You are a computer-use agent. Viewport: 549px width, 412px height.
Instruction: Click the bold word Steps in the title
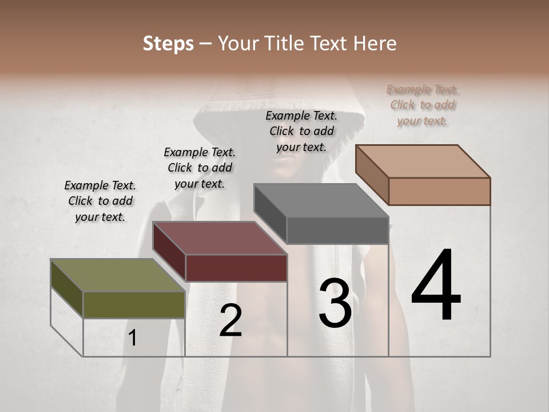168,43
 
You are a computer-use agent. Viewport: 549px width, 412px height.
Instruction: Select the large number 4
436,286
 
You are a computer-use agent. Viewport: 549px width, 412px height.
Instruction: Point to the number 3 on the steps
335,303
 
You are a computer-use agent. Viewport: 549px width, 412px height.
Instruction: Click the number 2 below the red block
231,320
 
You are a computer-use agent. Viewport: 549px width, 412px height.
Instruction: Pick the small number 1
133,338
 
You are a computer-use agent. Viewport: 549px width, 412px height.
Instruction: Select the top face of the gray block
321,200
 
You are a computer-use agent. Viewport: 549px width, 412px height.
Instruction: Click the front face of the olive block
134,304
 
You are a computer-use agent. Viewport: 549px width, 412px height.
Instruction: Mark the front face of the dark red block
236,268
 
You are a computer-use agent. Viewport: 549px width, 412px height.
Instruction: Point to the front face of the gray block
337,231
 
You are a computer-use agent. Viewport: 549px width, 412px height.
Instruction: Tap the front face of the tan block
439,191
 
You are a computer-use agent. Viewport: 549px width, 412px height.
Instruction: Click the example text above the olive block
100,201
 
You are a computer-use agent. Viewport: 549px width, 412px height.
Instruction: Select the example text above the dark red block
200,168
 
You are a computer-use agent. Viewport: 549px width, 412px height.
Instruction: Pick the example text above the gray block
301,131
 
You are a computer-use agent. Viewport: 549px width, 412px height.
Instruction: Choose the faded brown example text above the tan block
423,105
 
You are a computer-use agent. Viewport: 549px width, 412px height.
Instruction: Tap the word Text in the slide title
331,43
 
